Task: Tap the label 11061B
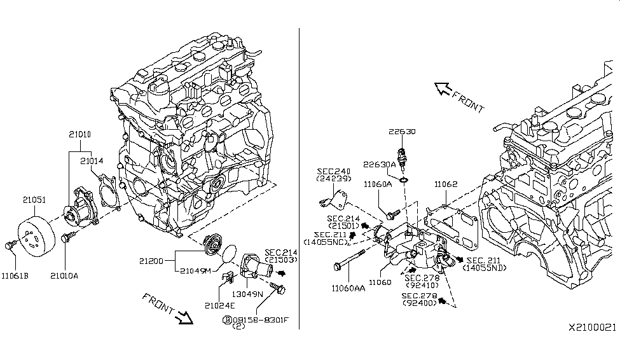[15, 276]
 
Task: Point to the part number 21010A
[65, 276]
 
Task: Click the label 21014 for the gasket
[92, 162]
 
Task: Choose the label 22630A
[380, 164]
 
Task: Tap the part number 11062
[446, 184]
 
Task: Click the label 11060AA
[348, 287]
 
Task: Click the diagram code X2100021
[592, 327]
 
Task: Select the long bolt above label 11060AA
[348, 260]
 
